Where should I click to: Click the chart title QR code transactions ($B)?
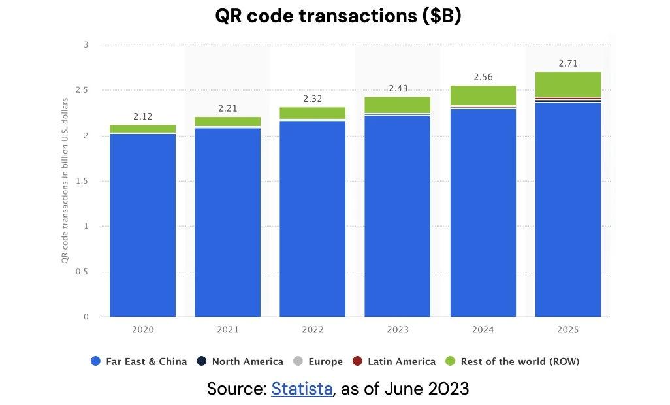[x=338, y=16]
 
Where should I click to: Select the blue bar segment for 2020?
[x=142, y=225]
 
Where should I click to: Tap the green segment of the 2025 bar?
[x=567, y=84]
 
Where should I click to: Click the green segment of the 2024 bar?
[x=483, y=95]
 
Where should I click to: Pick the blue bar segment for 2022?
[x=312, y=219]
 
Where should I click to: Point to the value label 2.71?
[x=567, y=63]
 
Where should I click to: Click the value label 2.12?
[x=142, y=116]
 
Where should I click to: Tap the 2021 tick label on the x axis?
[x=227, y=329]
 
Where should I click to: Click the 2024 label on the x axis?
[x=483, y=329]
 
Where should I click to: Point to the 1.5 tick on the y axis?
[x=82, y=181]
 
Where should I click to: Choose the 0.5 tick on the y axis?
[x=82, y=272]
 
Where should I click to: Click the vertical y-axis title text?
[x=65, y=181]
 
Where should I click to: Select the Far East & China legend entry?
[x=139, y=361]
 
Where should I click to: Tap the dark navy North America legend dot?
[x=202, y=361]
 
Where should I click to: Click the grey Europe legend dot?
[x=298, y=361]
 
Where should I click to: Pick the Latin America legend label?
[x=401, y=361]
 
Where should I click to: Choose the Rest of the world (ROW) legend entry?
[x=519, y=361]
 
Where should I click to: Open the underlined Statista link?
[x=302, y=389]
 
